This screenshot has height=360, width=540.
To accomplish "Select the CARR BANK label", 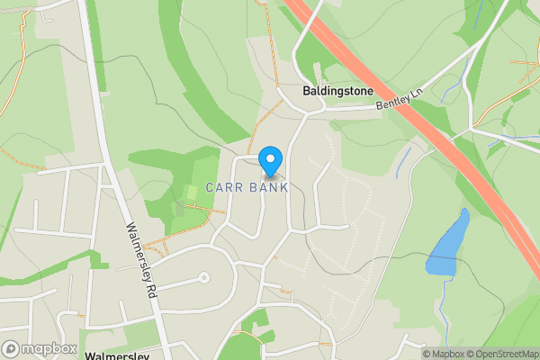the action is [x=247, y=187].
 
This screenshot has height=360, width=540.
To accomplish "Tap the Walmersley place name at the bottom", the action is [x=115, y=356].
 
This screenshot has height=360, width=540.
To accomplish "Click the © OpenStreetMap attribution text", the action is [x=500, y=354].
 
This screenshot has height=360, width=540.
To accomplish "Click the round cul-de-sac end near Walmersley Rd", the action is [x=203, y=278].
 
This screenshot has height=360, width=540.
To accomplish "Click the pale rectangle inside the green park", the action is [x=192, y=193].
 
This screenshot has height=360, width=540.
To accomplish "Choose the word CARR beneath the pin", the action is [x=224, y=187].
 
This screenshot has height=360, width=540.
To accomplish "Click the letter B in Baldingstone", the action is [x=306, y=93].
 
